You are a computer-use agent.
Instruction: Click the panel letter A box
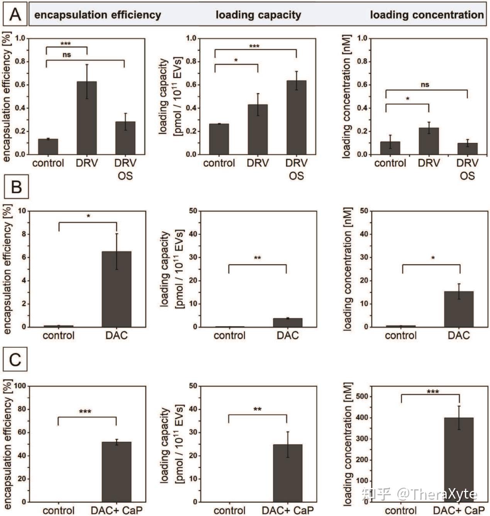coord(15,15)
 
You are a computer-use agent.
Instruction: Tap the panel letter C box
coord(15,360)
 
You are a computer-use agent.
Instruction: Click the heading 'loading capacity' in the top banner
coord(258,15)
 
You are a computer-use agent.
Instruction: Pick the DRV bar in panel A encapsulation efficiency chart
coord(86,118)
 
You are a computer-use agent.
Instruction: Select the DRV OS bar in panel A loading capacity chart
coord(296,117)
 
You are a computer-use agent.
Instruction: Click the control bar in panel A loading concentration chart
coord(390,148)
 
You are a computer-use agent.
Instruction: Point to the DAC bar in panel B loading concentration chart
coord(458,309)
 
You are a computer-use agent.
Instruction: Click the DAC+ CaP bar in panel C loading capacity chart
coord(287,473)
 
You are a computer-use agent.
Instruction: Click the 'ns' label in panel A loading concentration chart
coord(425,85)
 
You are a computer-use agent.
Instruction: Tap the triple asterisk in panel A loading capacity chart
coord(254,46)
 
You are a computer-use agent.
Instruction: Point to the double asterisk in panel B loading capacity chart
coord(257,258)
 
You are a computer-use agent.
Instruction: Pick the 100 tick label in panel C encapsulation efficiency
coord(20,386)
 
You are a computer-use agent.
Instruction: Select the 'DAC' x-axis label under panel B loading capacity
coord(287,335)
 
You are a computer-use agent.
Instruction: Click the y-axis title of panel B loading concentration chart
coord(348,269)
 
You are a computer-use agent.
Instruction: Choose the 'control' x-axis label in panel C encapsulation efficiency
coord(58,510)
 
